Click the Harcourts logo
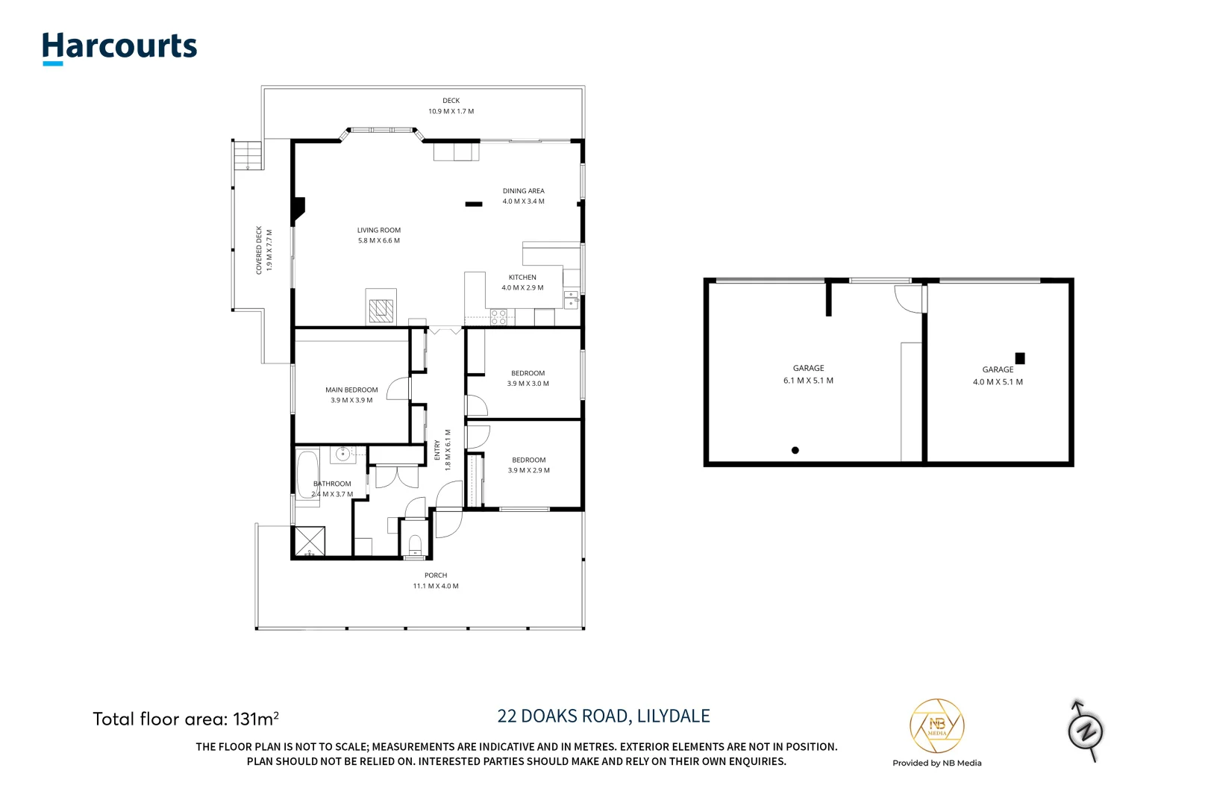(x=119, y=47)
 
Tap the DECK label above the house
(x=451, y=101)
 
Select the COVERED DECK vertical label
(x=259, y=250)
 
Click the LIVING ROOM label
(x=378, y=231)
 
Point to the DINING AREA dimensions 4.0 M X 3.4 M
(x=523, y=201)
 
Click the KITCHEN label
(x=522, y=278)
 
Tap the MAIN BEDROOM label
(x=351, y=390)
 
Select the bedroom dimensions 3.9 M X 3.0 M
(x=528, y=384)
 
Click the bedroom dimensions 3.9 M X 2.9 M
(x=528, y=471)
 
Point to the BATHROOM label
(x=332, y=484)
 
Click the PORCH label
(x=436, y=575)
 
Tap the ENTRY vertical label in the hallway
(x=437, y=450)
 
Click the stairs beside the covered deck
(x=248, y=155)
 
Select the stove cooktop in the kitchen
(x=498, y=317)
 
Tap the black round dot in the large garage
(x=795, y=450)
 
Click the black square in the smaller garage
(x=1020, y=358)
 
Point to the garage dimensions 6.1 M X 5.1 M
(x=808, y=381)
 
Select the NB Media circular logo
(x=936, y=726)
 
